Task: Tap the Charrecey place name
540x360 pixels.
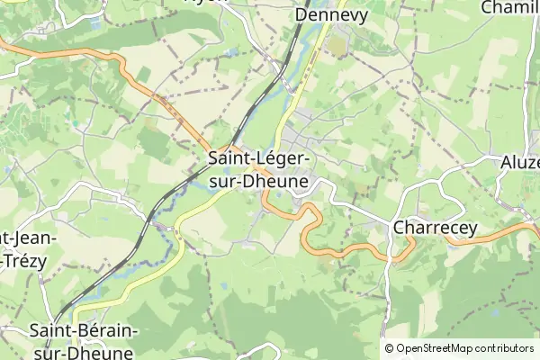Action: pos(435,229)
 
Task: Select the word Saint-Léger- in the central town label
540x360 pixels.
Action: pos(258,159)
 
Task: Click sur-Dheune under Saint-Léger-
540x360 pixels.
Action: pos(258,181)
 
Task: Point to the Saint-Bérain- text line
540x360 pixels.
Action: pos(84,331)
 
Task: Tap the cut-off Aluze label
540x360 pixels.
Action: pos(519,163)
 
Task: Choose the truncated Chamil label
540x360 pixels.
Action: pos(510,7)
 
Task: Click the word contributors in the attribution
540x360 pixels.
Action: pos(505,348)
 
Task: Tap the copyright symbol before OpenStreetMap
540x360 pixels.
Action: pos(390,348)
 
